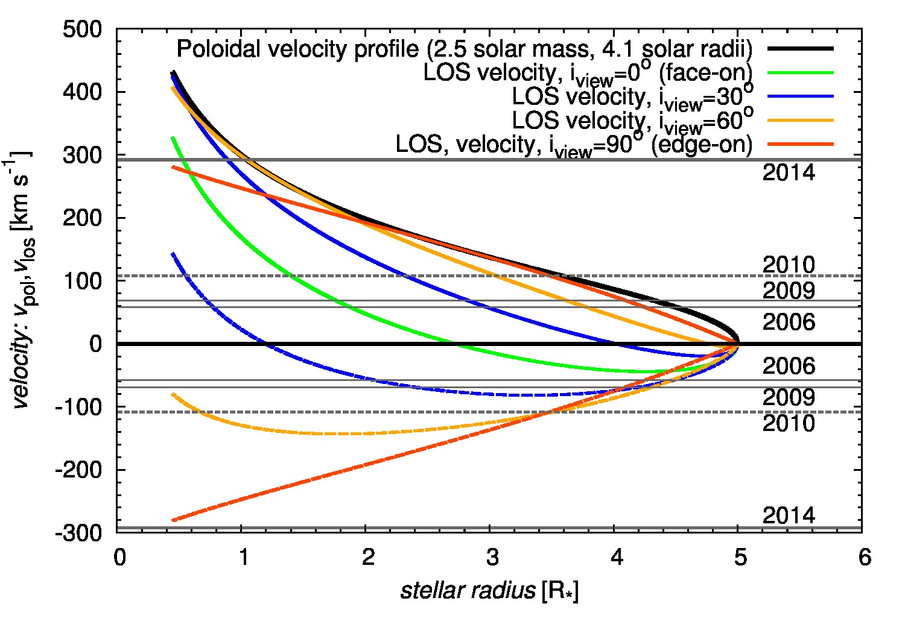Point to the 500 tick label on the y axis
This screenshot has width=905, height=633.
82,30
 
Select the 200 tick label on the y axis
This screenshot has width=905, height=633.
82,218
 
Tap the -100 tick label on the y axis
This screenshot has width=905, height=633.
78,408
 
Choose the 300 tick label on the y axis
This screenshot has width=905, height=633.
82,156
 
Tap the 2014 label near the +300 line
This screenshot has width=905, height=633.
789,173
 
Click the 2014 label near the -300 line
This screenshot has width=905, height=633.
789,515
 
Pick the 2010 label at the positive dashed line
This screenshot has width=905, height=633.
789,265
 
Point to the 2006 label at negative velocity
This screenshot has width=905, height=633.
789,366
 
